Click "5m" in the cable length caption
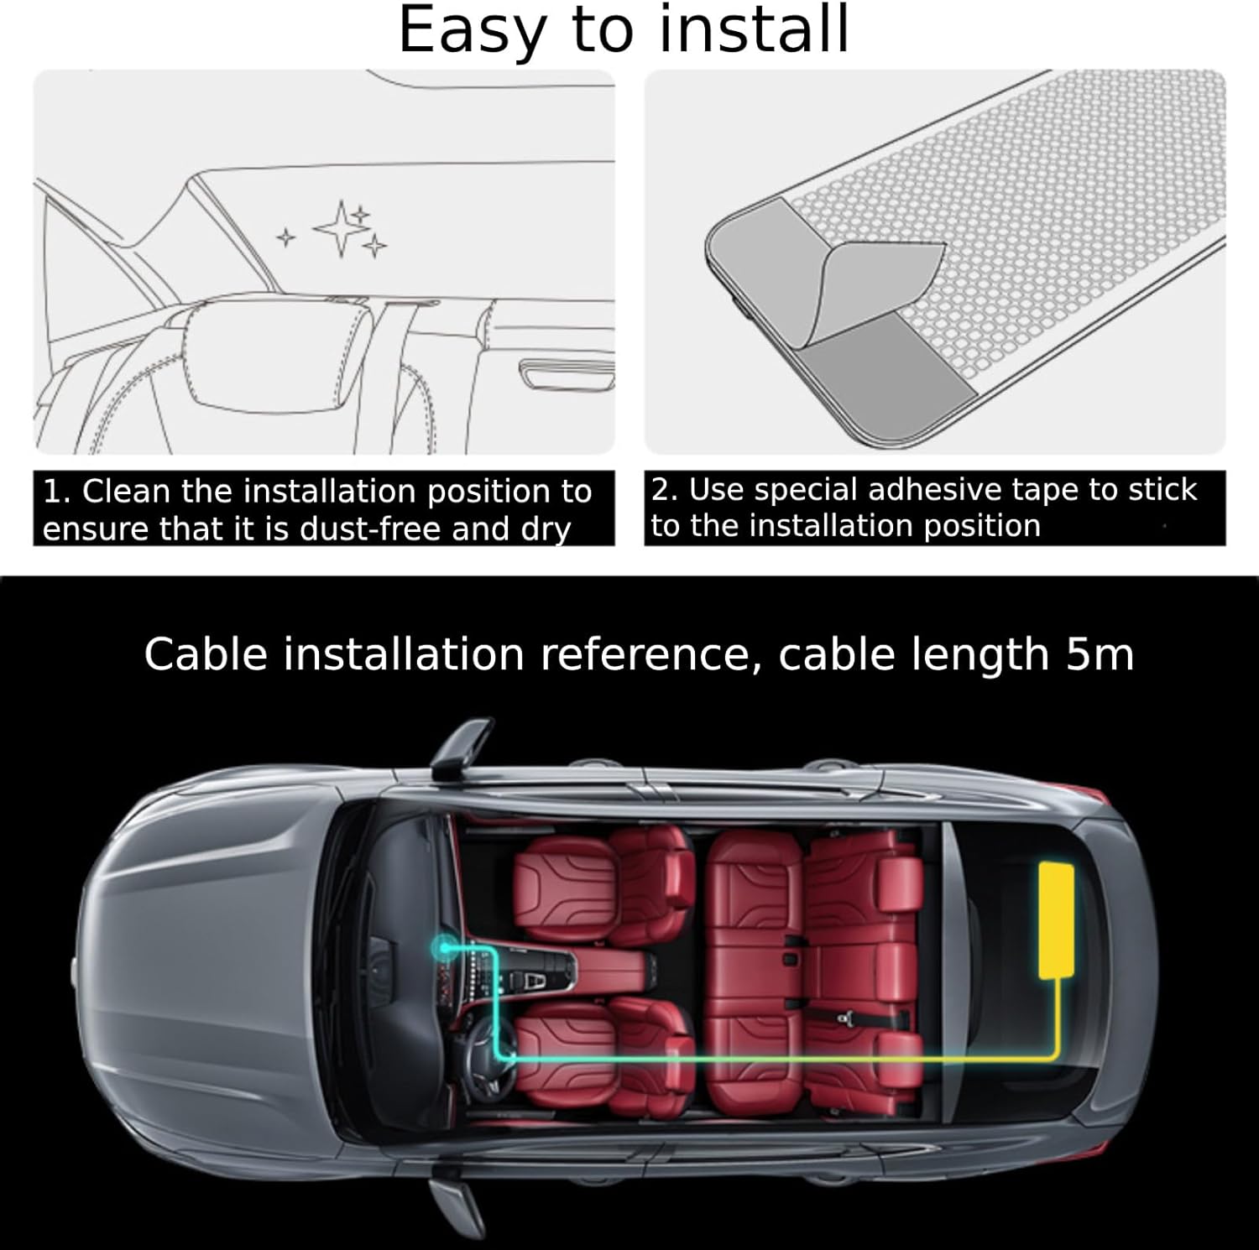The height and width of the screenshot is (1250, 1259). pos(1100,654)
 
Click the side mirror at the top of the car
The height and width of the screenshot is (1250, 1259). pos(461,748)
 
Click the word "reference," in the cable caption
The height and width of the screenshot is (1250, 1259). pos(644,654)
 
